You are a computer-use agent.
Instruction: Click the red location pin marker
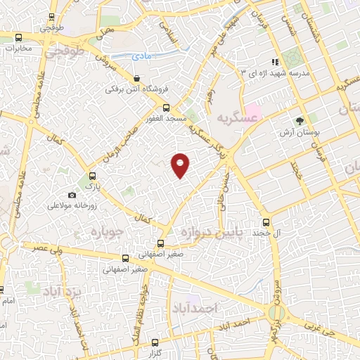pos(181,165)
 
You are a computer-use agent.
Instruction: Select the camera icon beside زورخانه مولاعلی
pos(72,195)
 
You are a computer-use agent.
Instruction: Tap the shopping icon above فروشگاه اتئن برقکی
pos(136,78)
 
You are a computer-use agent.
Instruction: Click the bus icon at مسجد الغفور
pos(166,108)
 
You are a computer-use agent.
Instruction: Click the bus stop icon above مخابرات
pos(18,38)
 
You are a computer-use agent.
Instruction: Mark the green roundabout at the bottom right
pos(275,314)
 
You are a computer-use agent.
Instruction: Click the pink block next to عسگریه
pos(252,110)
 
